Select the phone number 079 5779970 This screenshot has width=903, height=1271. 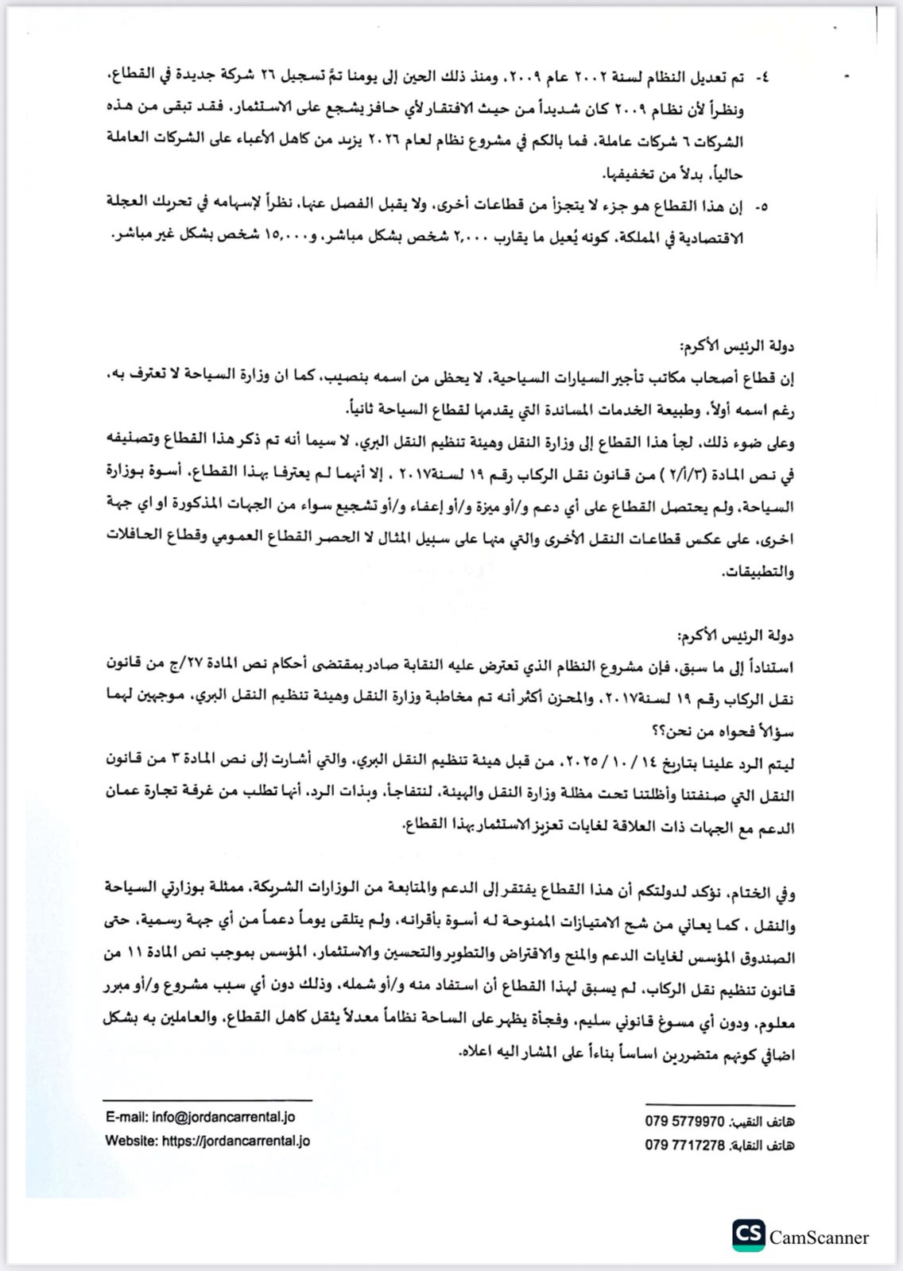click(x=684, y=1122)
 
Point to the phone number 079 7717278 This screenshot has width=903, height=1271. click(x=684, y=1145)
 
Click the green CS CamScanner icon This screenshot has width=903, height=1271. click(x=748, y=1236)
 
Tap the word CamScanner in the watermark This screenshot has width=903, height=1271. click(x=819, y=1238)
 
